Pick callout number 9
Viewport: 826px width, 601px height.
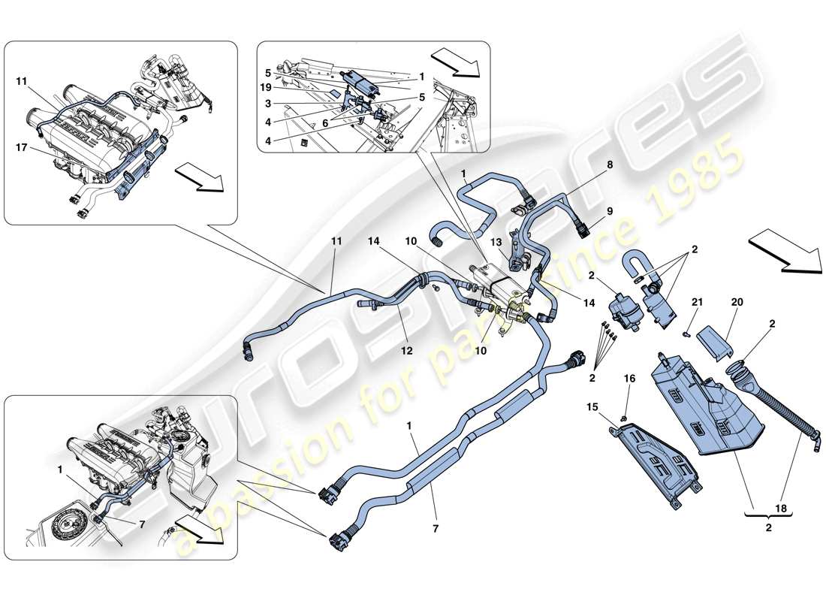tap(609, 212)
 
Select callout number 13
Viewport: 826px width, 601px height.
tap(496, 242)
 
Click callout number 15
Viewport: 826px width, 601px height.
tap(592, 407)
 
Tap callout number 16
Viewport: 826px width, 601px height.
tap(629, 380)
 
